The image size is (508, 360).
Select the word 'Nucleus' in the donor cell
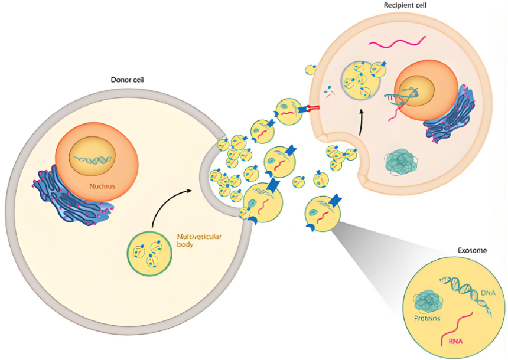click(x=102, y=186)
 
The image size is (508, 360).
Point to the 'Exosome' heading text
click(x=472, y=250)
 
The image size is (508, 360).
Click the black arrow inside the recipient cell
click(x=362, y=122)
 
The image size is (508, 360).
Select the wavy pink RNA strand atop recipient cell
click(x=398, y=42)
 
